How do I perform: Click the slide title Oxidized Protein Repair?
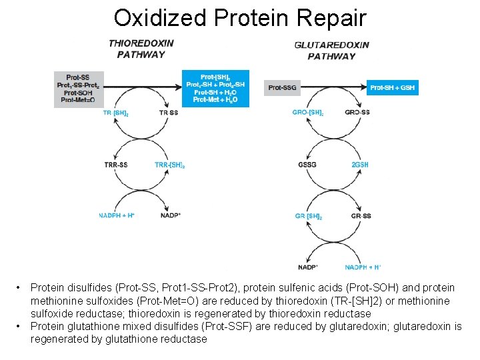point(240,17)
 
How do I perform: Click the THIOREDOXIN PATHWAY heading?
point(141,49)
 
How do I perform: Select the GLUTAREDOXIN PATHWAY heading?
point(331,51)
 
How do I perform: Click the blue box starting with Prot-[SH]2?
point(215,89)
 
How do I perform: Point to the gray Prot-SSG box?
point(282,87)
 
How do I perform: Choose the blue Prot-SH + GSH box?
point(393,87)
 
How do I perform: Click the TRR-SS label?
point(116,165)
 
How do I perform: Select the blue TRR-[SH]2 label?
point(169,165)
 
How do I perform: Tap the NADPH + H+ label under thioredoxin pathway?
point(117,215)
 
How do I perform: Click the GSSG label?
point(307,165)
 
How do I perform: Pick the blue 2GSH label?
point(359,165)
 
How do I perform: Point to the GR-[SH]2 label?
point(308,216)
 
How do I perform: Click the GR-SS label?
point(361,216)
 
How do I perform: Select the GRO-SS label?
point(357,113)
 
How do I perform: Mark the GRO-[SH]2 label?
point(308,113)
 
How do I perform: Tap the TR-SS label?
point(169,113)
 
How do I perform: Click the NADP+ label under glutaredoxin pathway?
point(308,267)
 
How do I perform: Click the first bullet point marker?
point(20,288)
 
